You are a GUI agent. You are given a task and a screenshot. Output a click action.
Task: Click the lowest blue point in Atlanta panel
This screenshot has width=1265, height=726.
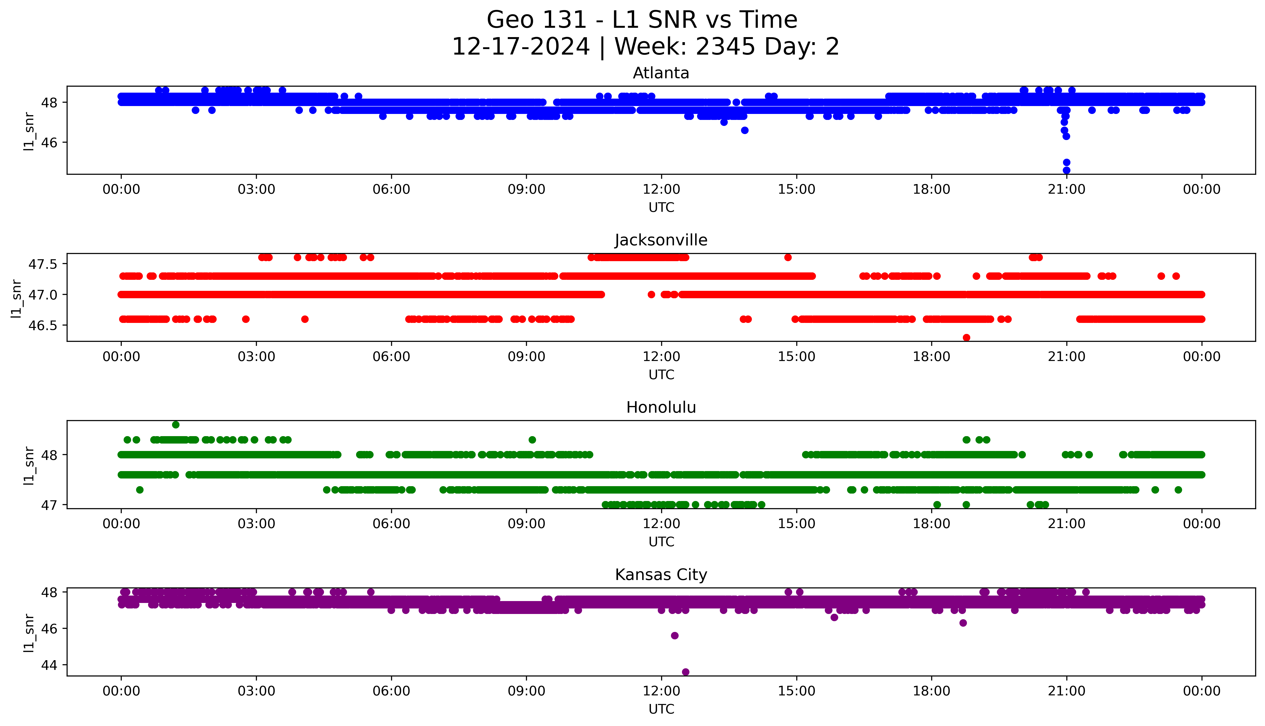[1066, 170]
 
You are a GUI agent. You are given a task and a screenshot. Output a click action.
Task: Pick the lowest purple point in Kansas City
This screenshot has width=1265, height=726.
[686, 672]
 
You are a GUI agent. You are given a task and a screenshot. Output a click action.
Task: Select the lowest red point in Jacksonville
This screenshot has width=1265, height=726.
[966, 338]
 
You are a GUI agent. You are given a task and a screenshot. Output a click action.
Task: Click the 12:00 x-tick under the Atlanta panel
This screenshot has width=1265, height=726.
[661, 190]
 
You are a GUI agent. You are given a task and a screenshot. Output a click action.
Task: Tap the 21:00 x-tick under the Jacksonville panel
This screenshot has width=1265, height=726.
[1066, 356]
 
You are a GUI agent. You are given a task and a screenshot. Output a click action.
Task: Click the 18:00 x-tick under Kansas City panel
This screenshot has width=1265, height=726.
[931, 691]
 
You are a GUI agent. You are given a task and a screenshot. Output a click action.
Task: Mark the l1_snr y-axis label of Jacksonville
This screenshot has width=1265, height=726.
[17, 298]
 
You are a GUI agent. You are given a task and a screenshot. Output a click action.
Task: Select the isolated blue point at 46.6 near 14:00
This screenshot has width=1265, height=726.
[745, 130]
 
